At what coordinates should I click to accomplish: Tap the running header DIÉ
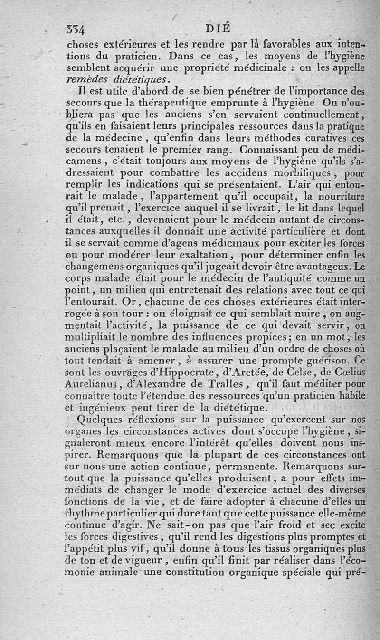pos(219,29)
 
